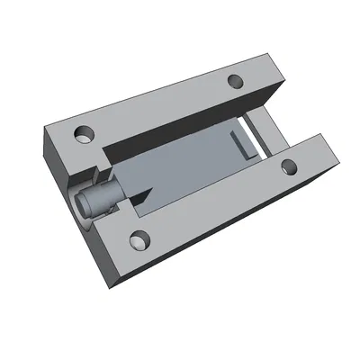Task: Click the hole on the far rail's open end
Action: (236, 80)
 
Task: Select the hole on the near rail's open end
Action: (290, 166)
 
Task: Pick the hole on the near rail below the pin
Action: (139, 239)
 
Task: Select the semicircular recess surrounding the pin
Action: (76, 193)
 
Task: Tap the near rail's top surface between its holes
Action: (216, 202)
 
